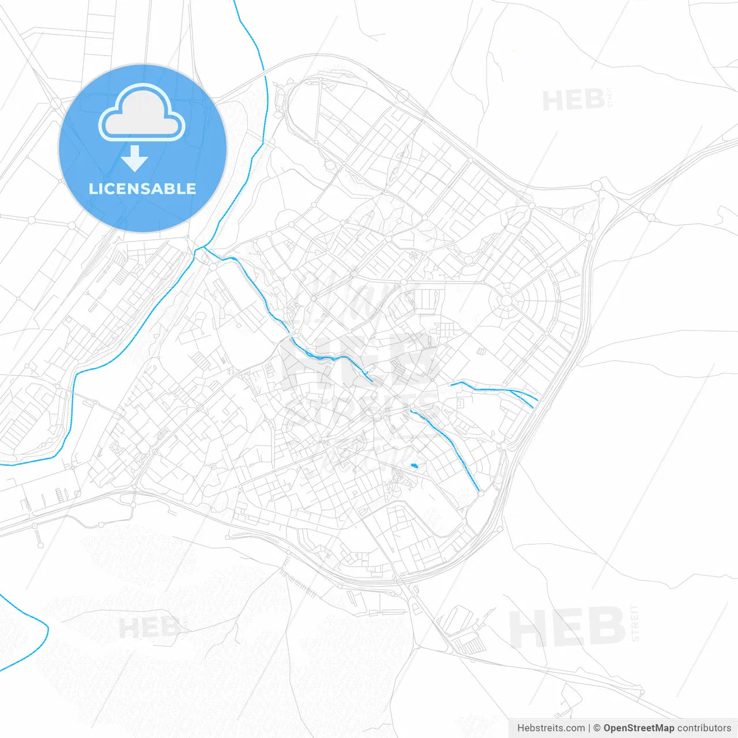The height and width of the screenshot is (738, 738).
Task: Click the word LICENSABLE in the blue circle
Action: coord(142,189)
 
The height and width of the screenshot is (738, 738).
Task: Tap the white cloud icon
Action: coord(142,114)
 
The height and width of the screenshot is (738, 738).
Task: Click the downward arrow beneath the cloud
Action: coord(135,158)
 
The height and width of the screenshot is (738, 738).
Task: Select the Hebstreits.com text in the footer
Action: coord(551,728)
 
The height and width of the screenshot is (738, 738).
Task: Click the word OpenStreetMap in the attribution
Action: coord(638,728)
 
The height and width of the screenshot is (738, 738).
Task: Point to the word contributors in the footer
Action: coord(704,728)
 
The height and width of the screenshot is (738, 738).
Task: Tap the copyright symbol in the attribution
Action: coord(597,728)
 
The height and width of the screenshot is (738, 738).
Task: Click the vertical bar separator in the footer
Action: coord(589,728)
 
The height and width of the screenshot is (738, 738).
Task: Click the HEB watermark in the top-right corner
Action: coord(573,101)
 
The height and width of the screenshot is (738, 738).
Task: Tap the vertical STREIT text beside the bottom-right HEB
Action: coord(635,623)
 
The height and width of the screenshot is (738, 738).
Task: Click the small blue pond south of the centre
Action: coord(414,465)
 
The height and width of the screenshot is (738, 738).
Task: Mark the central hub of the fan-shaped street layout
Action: coord(506,300)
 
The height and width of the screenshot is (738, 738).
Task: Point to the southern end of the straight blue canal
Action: coord(479,491)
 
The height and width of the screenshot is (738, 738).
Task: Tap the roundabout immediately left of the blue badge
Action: coord(56,103)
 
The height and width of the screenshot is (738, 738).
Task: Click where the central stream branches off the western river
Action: coord(203,248)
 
